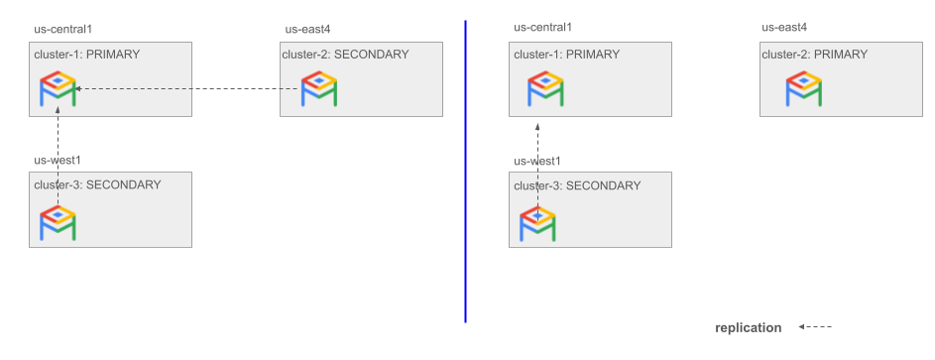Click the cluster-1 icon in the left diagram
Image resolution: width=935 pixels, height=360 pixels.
(58, 90)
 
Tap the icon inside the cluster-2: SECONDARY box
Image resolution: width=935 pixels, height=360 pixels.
(319, 90)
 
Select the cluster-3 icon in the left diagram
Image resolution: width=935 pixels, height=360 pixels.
(58, 222)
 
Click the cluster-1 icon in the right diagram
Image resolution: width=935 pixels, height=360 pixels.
(538, 90)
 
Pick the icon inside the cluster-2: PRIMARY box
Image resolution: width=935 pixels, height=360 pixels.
(804, 90)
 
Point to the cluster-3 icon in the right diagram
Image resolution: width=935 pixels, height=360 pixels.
(538, 224)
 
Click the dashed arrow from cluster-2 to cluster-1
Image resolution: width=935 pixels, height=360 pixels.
(188, 90)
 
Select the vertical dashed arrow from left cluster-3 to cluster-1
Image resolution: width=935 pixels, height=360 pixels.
(58, 159)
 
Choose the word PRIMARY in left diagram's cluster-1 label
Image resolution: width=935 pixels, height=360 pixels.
(113, 55)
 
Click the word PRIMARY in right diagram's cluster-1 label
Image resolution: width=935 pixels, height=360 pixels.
(593, 55)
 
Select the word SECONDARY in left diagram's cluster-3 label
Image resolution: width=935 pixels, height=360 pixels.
(123, 184)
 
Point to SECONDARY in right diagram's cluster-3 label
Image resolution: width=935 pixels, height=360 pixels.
(603, 185)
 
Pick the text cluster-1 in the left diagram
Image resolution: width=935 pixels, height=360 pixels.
(57, 55)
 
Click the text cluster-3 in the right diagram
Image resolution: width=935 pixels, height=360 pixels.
(536, 185)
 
